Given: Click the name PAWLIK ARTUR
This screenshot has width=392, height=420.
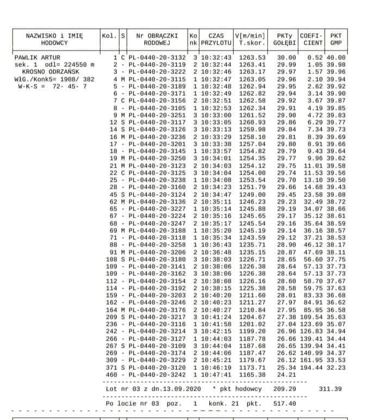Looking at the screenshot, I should [38, 57].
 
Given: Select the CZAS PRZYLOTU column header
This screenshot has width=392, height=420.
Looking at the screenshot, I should [216, 39].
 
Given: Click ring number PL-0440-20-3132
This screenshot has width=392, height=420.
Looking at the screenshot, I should [158, 57].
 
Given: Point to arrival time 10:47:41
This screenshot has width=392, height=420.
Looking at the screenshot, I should [216, 375].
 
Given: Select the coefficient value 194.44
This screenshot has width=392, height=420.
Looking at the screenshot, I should [314, 368].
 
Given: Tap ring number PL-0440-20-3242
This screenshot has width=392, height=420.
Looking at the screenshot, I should [158, 375].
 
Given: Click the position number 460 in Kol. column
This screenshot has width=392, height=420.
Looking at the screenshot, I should [111, 375].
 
